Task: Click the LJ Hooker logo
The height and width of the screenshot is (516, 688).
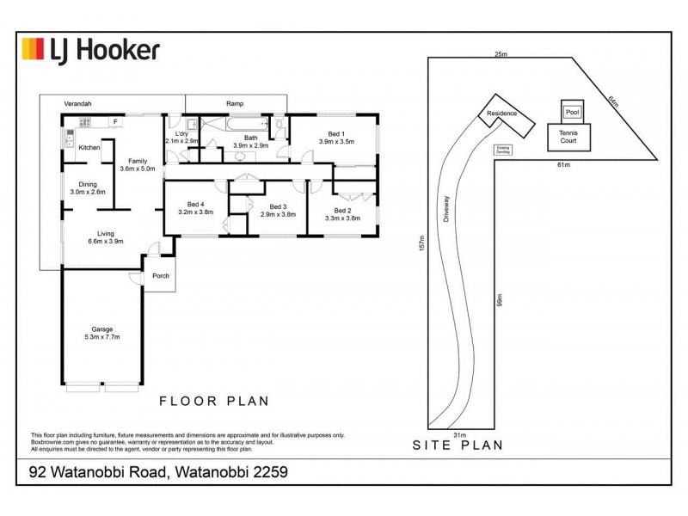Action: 90,50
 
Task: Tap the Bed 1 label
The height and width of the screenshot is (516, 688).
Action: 331,137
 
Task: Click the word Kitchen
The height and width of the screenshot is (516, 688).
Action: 89,148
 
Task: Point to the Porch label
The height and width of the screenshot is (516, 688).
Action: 161,276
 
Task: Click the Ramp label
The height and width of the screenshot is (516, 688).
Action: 235,103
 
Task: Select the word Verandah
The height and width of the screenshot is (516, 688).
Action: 77,103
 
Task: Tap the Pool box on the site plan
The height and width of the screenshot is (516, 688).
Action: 571,111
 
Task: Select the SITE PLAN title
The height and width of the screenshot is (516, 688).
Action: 457,445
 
